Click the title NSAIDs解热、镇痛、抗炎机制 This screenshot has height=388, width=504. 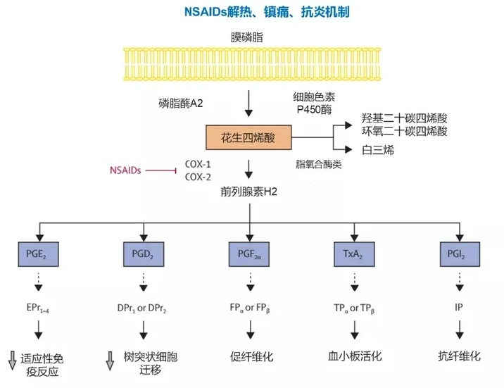click(253, 12)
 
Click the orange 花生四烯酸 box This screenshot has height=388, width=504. click(248, 137)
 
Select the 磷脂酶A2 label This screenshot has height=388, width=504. click(181, 103)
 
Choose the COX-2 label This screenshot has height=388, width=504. click(198, 177)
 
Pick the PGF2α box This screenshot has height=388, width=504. click(249, 253)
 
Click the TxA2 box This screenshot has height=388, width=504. click(355, 253)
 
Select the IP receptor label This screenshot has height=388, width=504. click(460, 307)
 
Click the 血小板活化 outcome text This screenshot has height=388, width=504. click(355, 356)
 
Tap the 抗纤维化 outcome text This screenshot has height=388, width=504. click(460, 356)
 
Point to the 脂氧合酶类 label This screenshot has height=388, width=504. click(318, 163)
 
